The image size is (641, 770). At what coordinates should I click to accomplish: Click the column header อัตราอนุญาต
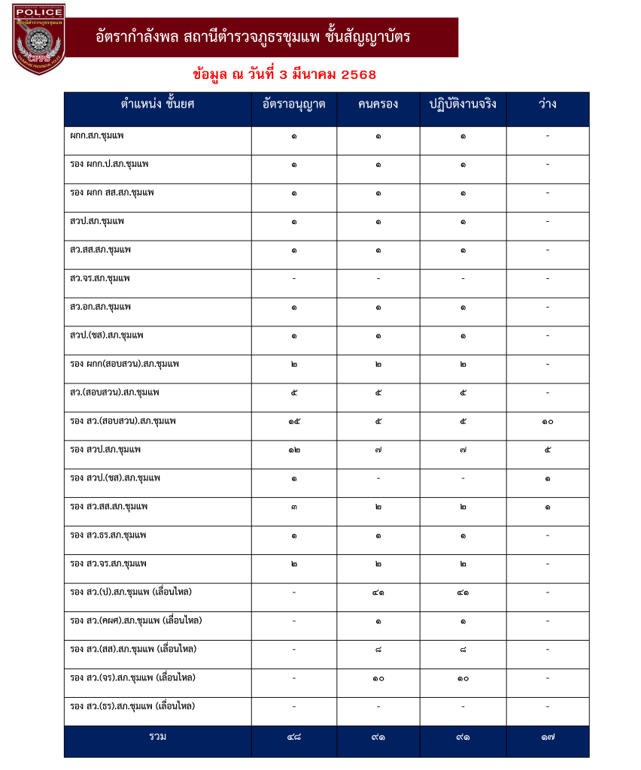pyautogui.click(x=294, y=105)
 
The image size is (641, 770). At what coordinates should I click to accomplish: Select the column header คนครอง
pyautogui.click(x=378, y=105)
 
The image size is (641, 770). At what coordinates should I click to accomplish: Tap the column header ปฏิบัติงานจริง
pyautogui.click(x=463, y=105)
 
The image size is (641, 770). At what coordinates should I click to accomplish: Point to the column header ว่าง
pyautogui.click(x=548, y=105)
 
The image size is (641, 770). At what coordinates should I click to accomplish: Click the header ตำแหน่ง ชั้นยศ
pyautogui.click(x=157, y=105)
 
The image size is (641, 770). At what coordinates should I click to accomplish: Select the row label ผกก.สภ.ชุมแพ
pyautogui.click(x=96, y=136)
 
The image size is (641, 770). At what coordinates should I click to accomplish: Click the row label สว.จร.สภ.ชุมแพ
pyautogui.click(x=99, y=278)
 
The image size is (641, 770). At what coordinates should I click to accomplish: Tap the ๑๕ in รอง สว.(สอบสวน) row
pyautogui.click(x=294, y=421)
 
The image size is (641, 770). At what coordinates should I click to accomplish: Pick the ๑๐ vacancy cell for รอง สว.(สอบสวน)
pyautogui.click(x=548, y=421)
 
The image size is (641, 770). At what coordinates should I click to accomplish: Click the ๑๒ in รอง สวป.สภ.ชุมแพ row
pyautogui.click(x=294, y=450)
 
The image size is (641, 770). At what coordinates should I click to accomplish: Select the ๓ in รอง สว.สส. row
pyautogui.click(x=294, y=507)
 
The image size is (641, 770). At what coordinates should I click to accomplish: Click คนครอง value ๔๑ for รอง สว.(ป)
pyautogui.click(x=378, y=593)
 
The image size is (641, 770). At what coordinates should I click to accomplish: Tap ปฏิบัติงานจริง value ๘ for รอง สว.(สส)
pyautogui.click(x=463, y=650)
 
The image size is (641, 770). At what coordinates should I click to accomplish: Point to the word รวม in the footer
pyautogui.click(x=157, y=737)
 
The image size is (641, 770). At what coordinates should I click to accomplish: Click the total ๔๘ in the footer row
pyautogui.click(x=294, y=738)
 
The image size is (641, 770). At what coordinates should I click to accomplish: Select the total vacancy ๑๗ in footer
pyautogui.click(x=548, y=738)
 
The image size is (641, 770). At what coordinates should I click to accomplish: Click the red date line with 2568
pyautogui.click(x=284, y=74)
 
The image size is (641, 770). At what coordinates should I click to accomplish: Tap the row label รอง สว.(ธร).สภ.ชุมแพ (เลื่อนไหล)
pyautogui.click(x=132, y=706)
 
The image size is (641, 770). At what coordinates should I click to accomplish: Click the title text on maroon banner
pyautogui.click(x=254, y=37)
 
